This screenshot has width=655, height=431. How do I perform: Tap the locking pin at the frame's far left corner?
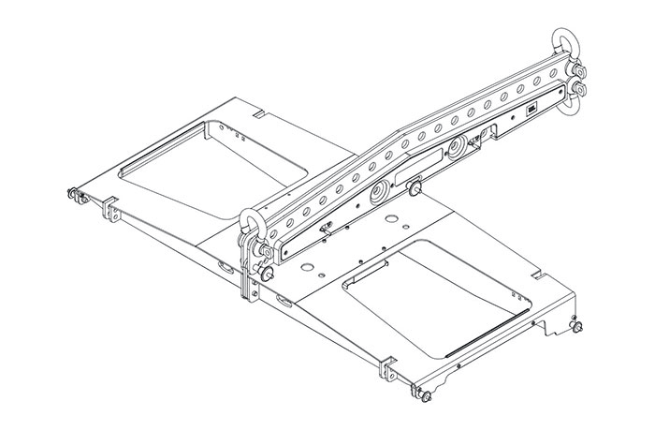pos(72,195)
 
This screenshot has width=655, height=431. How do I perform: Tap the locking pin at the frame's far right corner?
pos(576,329)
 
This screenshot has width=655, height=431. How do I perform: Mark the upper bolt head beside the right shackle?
pos(581,73)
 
